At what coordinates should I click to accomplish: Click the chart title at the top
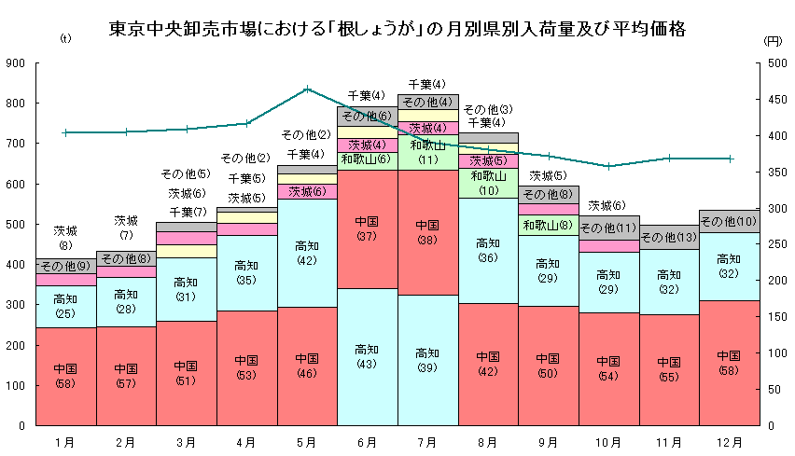point(397,29)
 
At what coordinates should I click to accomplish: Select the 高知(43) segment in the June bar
point(367,356)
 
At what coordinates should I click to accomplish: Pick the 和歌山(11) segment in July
point(427,152)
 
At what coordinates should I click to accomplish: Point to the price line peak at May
point(307,90)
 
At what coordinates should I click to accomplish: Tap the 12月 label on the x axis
point(729,440)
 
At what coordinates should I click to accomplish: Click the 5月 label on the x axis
point(307,440)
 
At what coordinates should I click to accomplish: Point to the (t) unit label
point(64,39)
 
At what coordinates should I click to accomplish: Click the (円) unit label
point(772,40)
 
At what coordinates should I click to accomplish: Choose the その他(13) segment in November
point(669,237)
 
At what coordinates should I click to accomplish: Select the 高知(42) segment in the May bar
point(307,253)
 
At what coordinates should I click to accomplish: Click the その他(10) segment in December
point(729,221)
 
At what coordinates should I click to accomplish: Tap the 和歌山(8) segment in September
point(548,225)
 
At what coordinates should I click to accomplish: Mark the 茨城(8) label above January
point(65,238)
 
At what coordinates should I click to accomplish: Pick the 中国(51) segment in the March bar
point(186,373)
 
